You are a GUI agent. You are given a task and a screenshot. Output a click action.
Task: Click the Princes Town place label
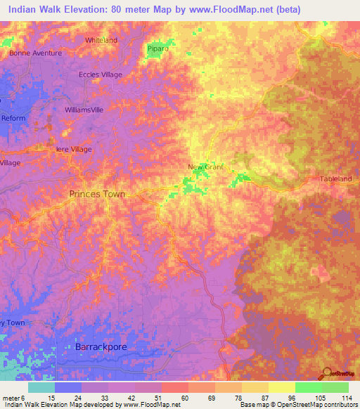tap(97, 193)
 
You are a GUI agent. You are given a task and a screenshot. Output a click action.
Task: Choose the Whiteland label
tap(101, 41)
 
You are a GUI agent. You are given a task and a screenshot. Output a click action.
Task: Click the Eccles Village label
tap(100, 74)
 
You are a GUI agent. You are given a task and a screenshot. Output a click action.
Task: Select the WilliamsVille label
tap(84, 111)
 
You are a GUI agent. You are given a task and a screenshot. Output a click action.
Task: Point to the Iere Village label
tap(74, 149)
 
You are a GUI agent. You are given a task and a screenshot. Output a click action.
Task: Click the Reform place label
tap(13, 118)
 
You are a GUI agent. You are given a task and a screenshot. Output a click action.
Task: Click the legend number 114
tap(347, 397)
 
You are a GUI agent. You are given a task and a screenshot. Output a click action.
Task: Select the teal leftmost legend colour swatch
tap(41, 387)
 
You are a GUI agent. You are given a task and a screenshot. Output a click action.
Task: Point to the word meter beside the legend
tap(11, 397)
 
